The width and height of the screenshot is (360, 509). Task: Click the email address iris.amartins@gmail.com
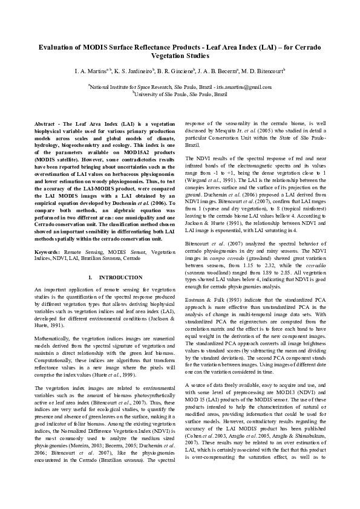tap(243, 87)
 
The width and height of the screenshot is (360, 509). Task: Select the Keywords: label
tap(48, 250)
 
